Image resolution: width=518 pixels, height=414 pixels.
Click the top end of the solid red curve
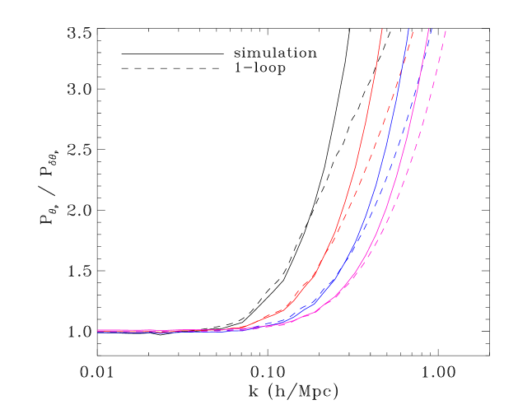tap(383, 30)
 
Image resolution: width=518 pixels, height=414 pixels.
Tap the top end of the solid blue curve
tap(409, 30)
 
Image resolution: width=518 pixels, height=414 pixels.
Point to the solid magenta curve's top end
tap(429, 30)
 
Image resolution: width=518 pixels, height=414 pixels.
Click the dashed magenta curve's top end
tap(446, 30)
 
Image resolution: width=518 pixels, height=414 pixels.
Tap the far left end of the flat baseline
tap(98, 331)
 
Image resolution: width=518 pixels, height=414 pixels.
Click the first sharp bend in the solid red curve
tap(284, 310)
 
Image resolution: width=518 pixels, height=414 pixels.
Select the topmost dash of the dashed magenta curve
tap(445, 35)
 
